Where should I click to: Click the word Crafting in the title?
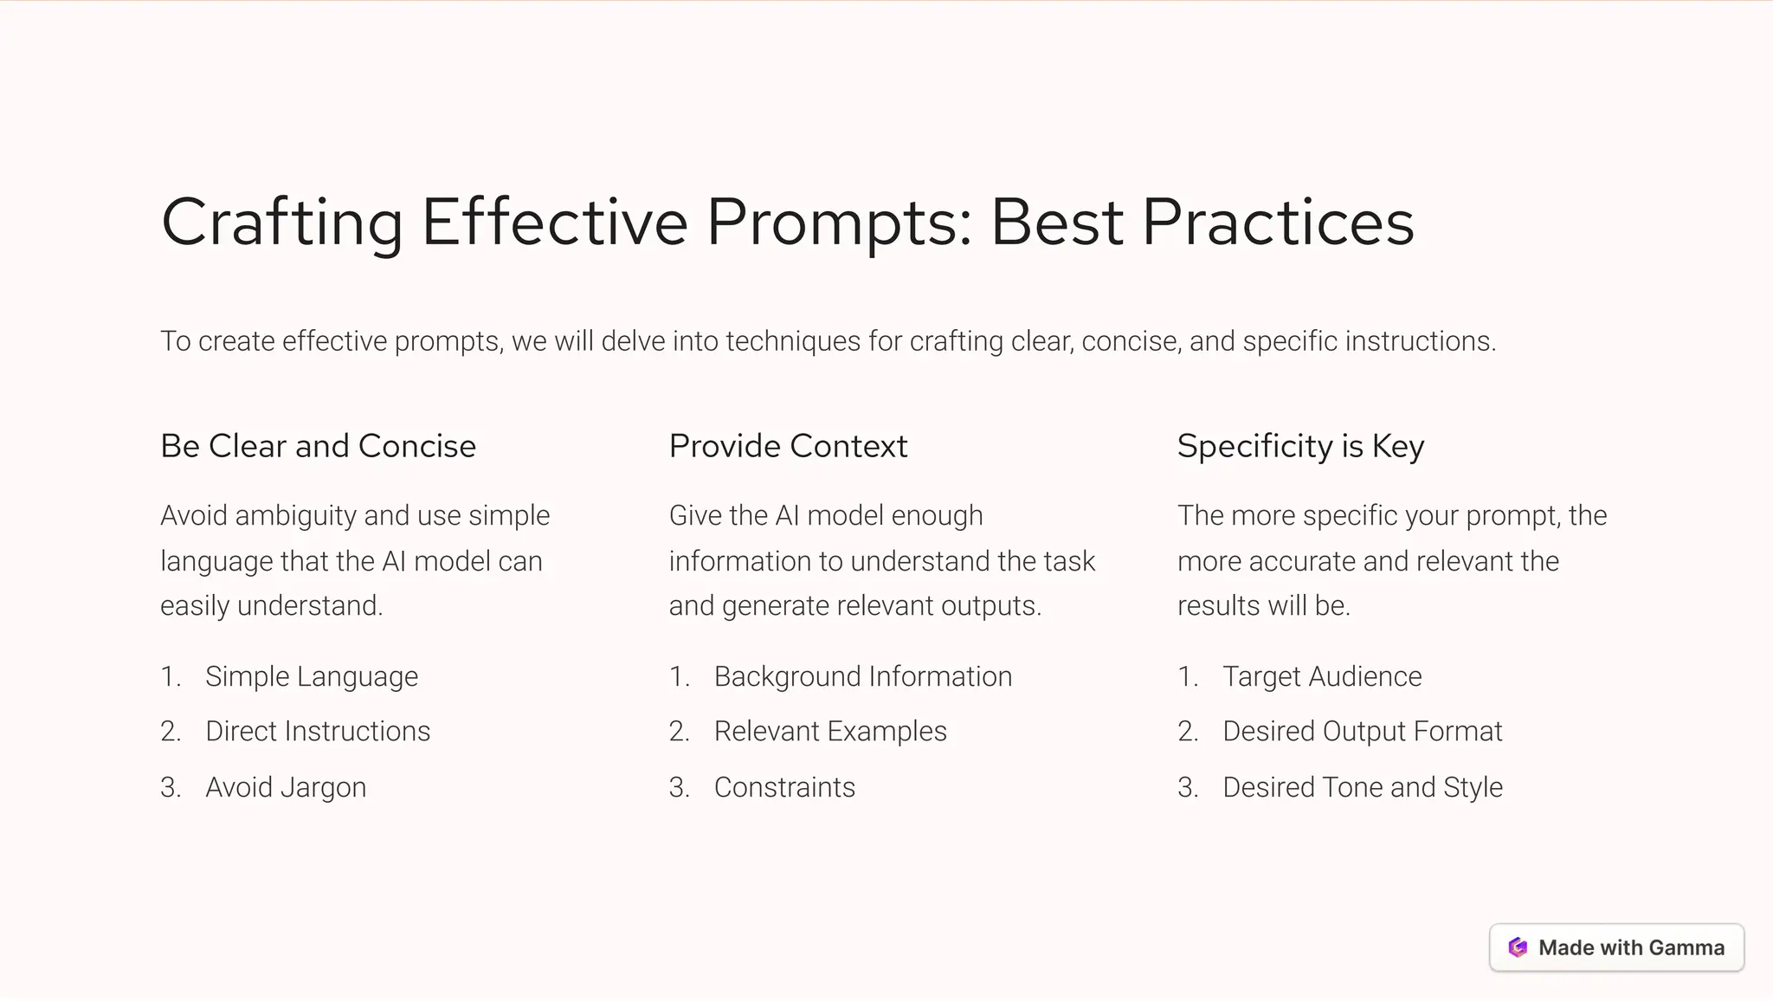click(x=282, y=223)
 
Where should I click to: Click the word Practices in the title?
click(x=1278, y=223)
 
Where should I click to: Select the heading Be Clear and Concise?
click(x=318, y=446)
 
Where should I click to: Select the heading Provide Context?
click(x=788, y=446)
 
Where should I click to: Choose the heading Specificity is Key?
click(x=1300, y=446)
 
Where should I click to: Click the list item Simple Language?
click(x=312, y=676)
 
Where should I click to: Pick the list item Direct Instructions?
click(x=318, y=732)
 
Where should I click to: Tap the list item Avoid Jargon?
click(x=286, y=787)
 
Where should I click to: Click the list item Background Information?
click(x=862, y=676)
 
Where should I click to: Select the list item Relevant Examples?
click(x=830, y=732)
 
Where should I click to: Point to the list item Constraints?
click(x=784, y=787)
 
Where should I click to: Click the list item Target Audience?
click(x=1322, y=676)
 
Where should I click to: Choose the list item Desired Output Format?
click(x=1362, y=732)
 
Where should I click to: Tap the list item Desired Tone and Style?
click(x=1363, y=787)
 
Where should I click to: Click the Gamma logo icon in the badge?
click(x=1518, y=947)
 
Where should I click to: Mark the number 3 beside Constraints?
click(x=678, y=787)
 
